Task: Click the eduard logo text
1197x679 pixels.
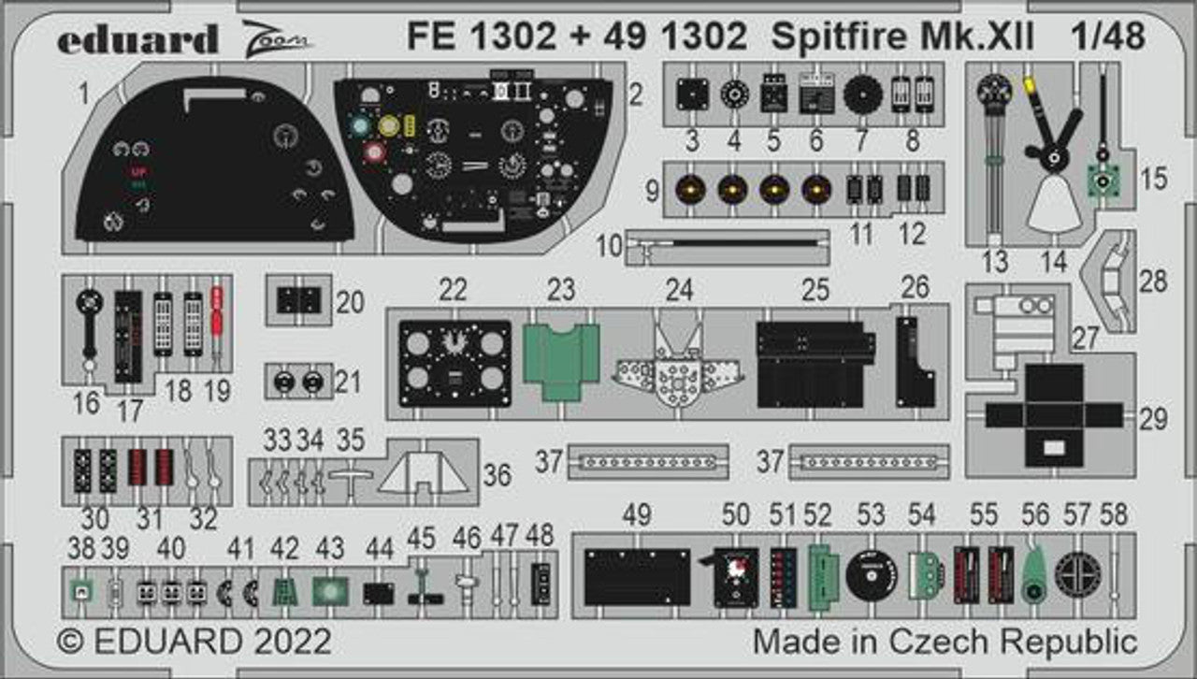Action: pos(137,39)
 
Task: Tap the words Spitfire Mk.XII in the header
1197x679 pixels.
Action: pos(903,36)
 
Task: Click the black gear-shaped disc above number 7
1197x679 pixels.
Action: pos(863,94)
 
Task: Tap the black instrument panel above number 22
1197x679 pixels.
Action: pos(455,363)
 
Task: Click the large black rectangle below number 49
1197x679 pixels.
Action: pos(637,576)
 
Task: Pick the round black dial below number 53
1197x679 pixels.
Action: pos(872,575)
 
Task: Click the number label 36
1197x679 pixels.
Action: pos(498,476)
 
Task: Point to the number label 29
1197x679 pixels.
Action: pos(1153,418)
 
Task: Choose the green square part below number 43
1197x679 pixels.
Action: pos(329,590)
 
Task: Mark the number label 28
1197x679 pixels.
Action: pos(1153,281)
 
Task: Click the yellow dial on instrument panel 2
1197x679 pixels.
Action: pos(390,124)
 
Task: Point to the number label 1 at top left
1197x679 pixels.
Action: pos(84,94)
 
